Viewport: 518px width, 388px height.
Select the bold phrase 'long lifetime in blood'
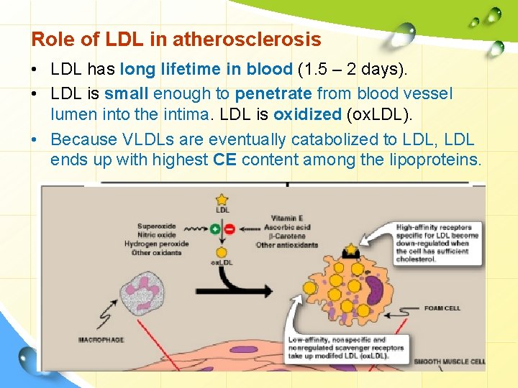click(x=206, y=70)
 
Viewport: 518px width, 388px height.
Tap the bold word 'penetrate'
click(x=274, y=94)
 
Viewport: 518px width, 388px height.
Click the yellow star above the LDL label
click(x=222, y=199)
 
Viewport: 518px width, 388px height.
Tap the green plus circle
click(x=214, y=229)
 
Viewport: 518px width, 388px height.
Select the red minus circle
click(x=230, y=229)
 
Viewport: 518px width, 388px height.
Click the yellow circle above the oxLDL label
click(x=222, y=252)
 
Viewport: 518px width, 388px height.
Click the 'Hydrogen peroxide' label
click(x=157, y=244)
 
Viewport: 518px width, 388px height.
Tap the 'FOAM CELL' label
click(x=442, y=308)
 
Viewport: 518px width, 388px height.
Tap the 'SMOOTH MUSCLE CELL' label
click(x=449, y=361)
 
